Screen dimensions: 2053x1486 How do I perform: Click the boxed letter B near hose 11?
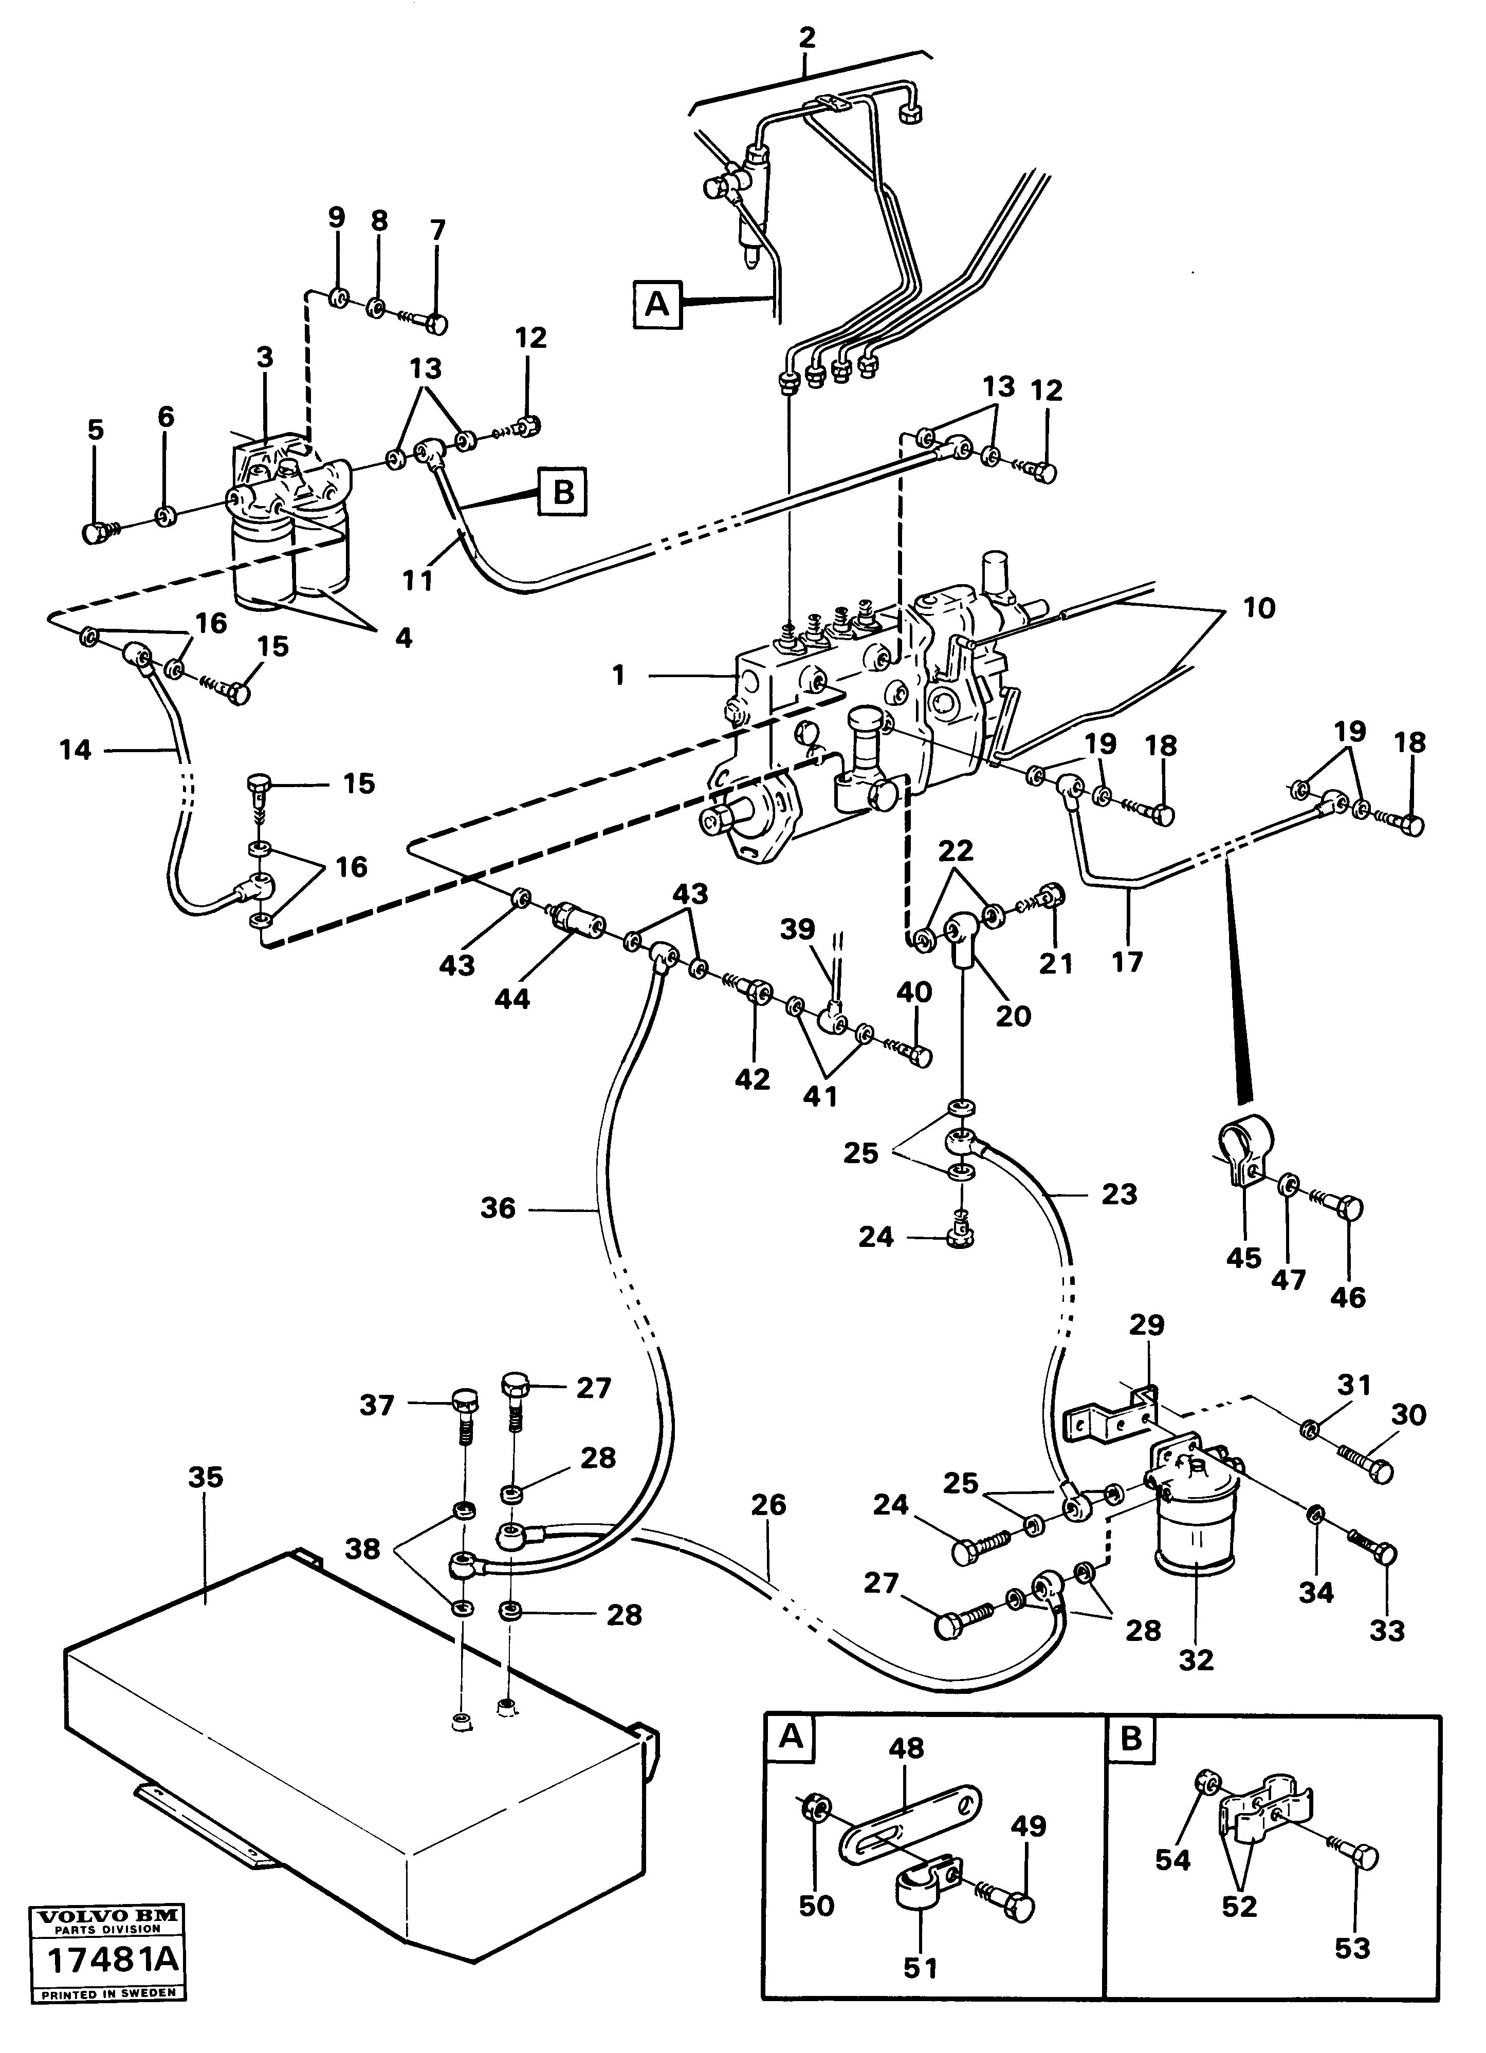[x=562, y=492]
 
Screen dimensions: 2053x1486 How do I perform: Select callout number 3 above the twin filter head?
[x=264, y=358]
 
